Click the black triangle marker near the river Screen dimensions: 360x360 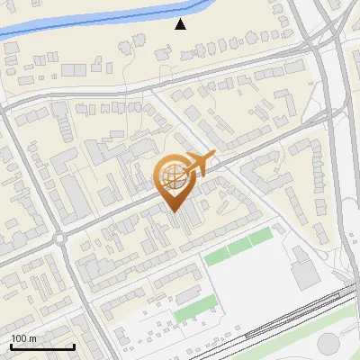coord(181,24)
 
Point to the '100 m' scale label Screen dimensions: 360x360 coord(23,338)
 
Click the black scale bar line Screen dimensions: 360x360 coord(42,346)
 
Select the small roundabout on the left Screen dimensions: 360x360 coord(60,238)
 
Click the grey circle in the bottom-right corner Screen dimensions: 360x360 coord(329,345)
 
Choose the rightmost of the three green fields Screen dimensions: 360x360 coord(261,238)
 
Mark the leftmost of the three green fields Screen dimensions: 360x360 coord(216,256)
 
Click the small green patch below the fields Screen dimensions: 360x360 coord(188,312)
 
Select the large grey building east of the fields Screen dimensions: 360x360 coord(304,266)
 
